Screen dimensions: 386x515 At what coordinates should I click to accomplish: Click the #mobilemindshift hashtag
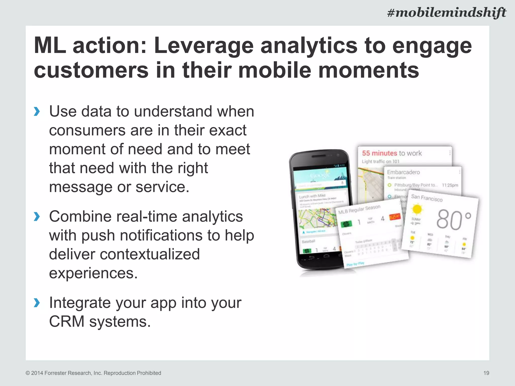pos(447,13)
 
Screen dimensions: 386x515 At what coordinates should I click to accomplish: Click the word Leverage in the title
pos(204,46)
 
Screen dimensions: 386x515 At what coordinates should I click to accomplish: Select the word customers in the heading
pos(91,70)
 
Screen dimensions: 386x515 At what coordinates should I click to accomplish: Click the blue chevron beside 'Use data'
pos(37,111)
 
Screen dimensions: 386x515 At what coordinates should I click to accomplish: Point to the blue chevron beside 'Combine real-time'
pos(37,217)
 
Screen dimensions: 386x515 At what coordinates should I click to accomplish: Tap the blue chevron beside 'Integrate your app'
pos(37,303)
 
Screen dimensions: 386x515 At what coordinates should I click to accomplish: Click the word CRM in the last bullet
pos(67,322)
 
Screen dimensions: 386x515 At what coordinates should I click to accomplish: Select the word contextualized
pos(124,254)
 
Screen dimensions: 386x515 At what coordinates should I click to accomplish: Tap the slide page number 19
pos(486,373)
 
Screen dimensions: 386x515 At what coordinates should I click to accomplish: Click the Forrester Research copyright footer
pos(93,373)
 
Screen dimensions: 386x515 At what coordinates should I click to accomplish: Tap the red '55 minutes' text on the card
pos(379,153)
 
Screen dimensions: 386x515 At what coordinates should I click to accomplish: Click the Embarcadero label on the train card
pos(403,172)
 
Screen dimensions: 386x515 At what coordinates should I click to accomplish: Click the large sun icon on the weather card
pos(417,209)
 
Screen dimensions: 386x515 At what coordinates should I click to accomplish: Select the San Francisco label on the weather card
pos(427,198)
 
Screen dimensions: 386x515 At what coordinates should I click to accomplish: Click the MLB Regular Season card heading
pos(359,209)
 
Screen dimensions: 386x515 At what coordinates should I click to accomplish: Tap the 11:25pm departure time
pos(450,185)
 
